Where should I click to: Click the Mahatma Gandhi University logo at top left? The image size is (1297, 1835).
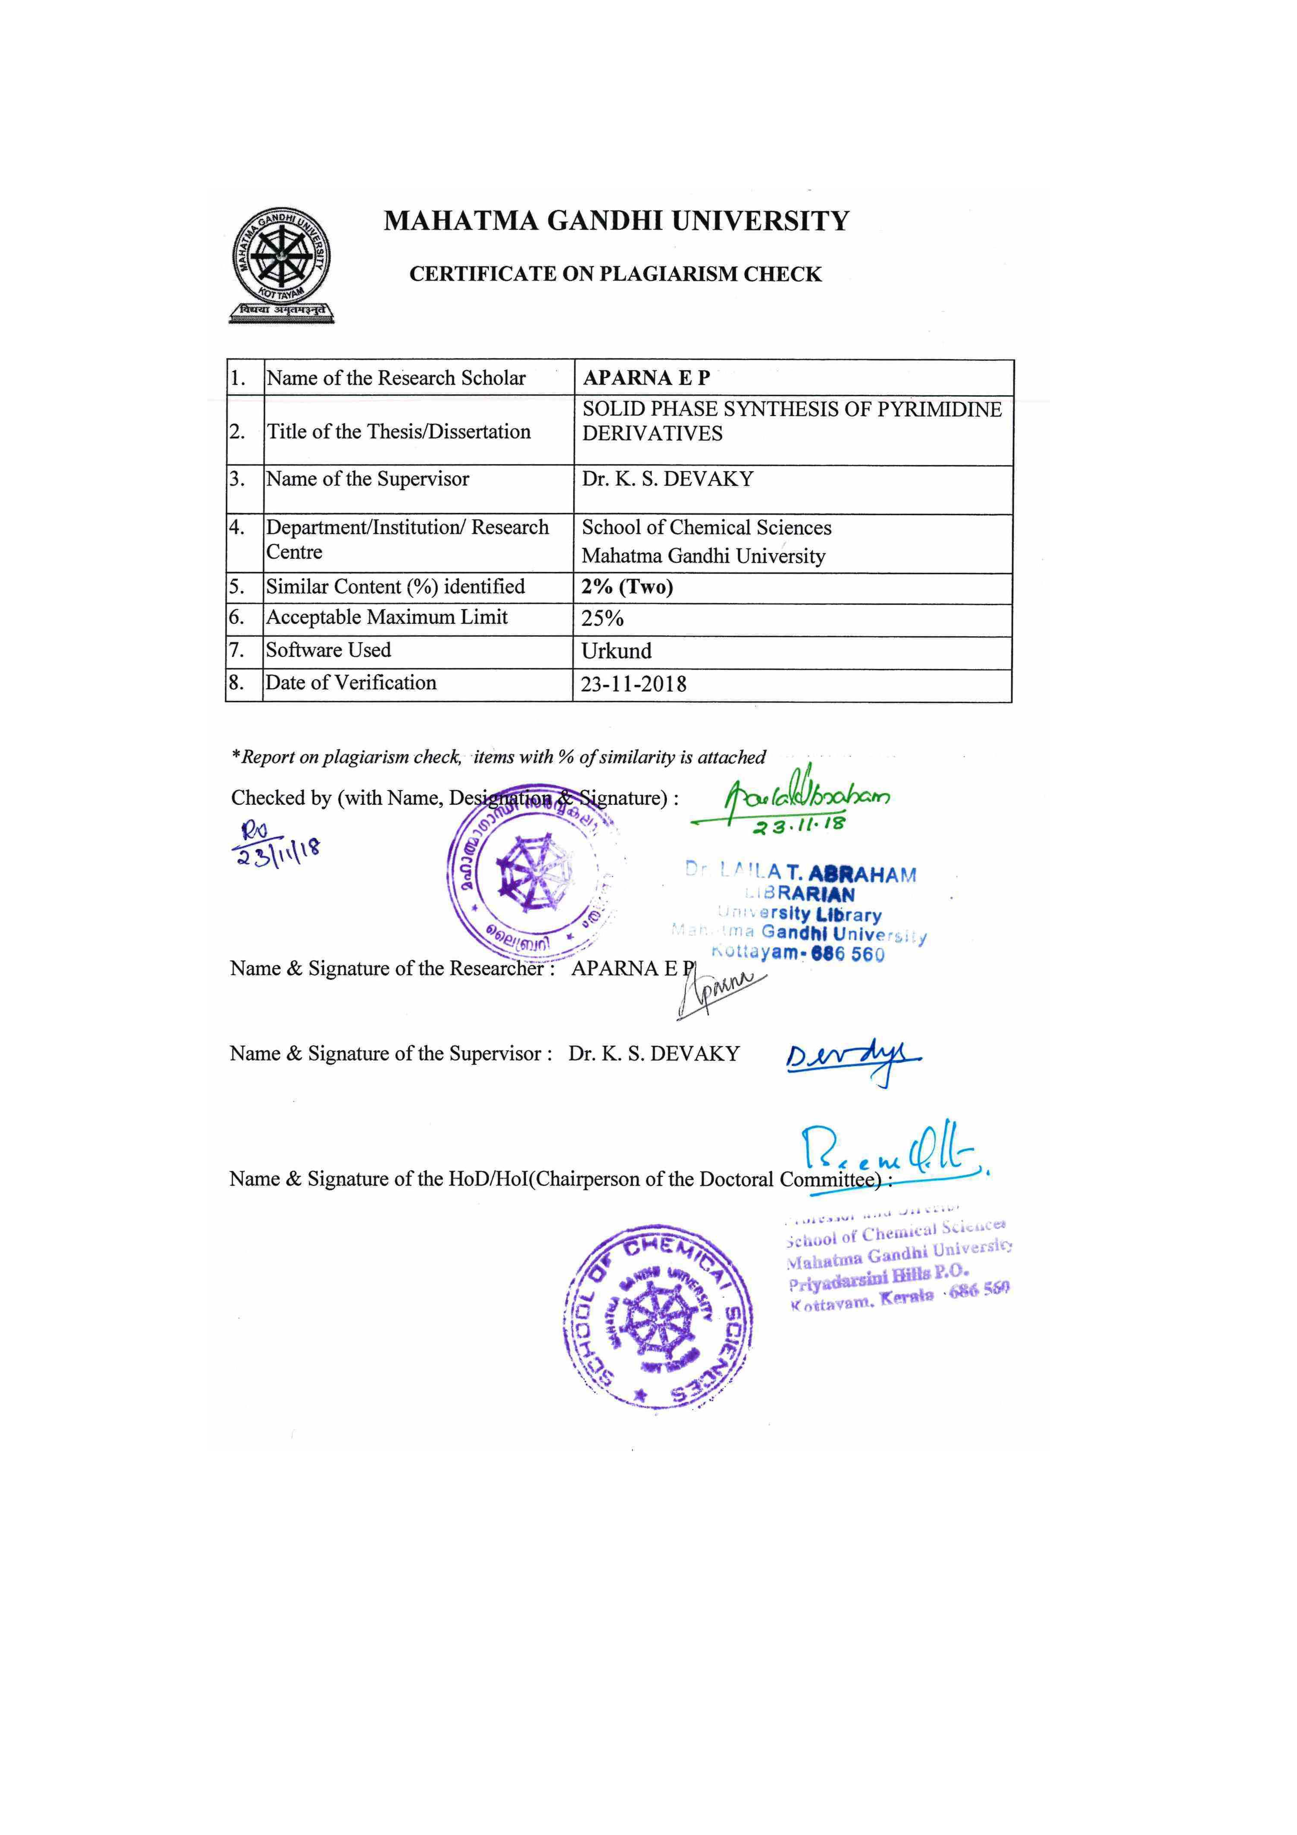pos(281,266)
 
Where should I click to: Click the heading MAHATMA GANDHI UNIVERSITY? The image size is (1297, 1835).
pos(616,221)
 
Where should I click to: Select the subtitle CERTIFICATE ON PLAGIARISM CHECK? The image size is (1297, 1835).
pos(616,274)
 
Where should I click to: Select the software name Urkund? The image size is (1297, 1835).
pos(616,650)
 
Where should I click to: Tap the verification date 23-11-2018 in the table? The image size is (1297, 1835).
pos(634,684)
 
